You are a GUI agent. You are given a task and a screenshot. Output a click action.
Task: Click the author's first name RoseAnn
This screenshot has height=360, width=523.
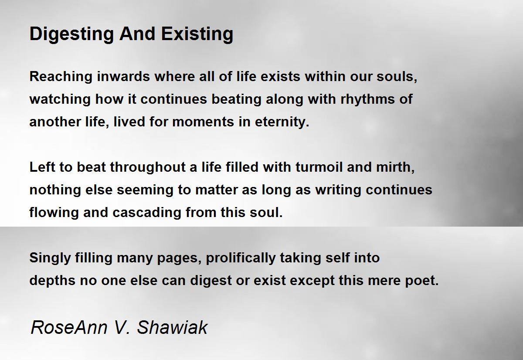click(x=61, y=327)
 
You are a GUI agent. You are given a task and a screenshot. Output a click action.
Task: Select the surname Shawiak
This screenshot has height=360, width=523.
click(x=173, y=327)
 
